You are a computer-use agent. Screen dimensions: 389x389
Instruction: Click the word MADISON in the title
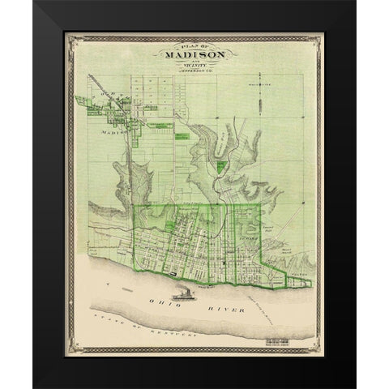(x=194, y=55)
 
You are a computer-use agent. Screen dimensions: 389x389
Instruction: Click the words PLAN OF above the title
(x=194, y=46)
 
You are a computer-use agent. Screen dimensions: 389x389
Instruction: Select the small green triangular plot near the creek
(x=221, y=166)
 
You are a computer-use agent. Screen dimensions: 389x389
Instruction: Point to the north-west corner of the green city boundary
(x=133, y=206)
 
